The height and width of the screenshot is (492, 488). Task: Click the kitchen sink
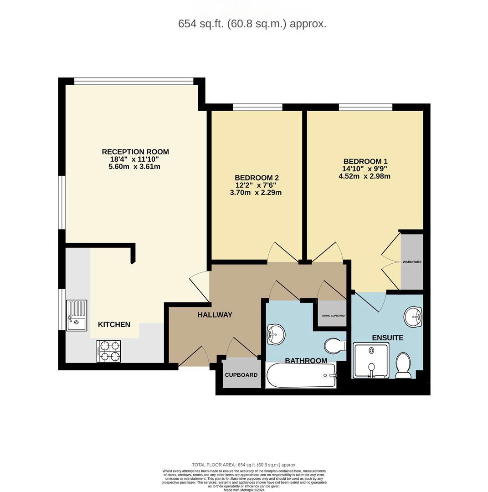pos(77,315)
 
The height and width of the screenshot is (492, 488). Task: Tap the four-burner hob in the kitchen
pos(108,351)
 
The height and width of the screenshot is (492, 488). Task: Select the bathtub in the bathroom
pos(301,375)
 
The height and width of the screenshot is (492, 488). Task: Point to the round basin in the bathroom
pos(275,334)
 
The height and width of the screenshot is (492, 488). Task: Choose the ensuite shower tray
pos(371,361)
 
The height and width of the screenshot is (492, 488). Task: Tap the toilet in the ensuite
pos(403,365)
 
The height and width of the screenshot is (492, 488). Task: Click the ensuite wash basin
pos(413,317)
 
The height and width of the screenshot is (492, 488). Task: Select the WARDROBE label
pos(412,262)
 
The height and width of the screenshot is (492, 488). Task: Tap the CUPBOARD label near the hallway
pos(241,375)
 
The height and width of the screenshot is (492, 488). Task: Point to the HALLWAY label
pos(215,315)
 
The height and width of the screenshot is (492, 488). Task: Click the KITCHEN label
pos(114,324)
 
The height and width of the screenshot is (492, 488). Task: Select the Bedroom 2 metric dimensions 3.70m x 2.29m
pos(256,193)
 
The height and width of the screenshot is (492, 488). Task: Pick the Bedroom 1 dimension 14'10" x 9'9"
pos(365,169)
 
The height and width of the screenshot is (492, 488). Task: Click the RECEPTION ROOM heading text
pos(135,152)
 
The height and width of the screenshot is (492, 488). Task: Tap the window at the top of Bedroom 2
pos(257,107)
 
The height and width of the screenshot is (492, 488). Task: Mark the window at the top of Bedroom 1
pos(365,107)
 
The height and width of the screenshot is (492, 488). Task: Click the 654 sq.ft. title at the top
pos(252,24)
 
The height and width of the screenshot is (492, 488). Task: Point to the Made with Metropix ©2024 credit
pos(244,490)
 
